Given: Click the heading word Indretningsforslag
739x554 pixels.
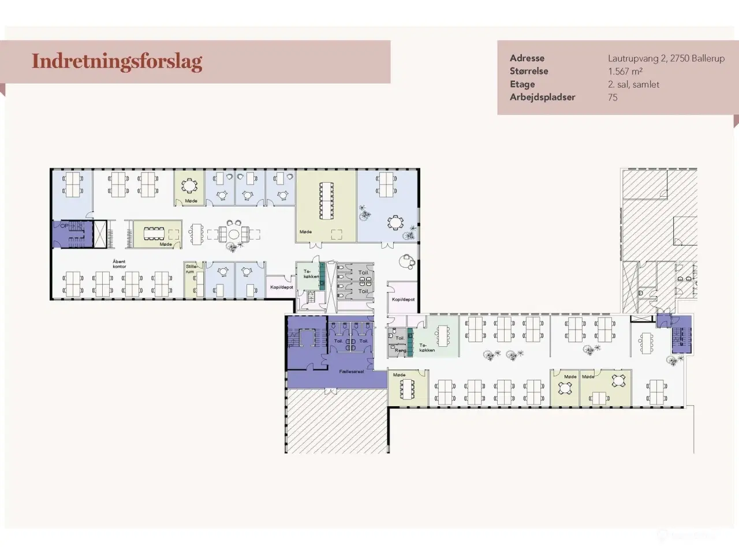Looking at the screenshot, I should pyautogui.click(x=117, y=61).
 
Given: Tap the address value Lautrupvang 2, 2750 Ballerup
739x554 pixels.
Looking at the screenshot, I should pyautogui.click(x=666, y=58).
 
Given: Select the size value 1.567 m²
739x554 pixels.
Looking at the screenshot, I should pyautogui.click(x=625, y=72).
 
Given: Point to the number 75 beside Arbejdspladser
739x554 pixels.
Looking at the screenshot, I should pyautogui.click(x=613, y=98).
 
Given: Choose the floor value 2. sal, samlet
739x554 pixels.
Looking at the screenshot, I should pyautogui.click(x=633, y=84).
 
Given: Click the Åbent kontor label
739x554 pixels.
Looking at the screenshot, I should pyautogui.click(x=119, y=264).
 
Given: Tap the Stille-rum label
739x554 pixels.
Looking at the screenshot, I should pyautogui.click(x=191, y=269).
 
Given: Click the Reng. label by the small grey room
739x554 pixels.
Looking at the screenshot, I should pyautogui.click(x=400, y=350).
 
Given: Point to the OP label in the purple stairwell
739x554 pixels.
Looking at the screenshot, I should pyautogui.click(x=64, y=226).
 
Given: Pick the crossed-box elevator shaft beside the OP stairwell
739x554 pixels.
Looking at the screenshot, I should pyautogui.click(x=100, y=234).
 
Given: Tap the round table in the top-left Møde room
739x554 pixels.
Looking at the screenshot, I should pyautogui.click(x=189, y=185).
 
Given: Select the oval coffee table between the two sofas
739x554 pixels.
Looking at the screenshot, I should pyautogui.click(x=233, y=234).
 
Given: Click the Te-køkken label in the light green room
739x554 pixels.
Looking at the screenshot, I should pyautogui.click(x=427, y=347).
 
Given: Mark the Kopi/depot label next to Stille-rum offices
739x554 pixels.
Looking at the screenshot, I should pyautogui.click(x=282, y=287).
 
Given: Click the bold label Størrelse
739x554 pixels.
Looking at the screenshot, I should pyautogui.click(x=529, y=72).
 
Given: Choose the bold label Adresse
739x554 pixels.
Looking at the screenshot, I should pyautogui.click(x=527, y=58).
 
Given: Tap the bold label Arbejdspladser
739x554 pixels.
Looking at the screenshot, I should pyautogui.click(x=542, y=98).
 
